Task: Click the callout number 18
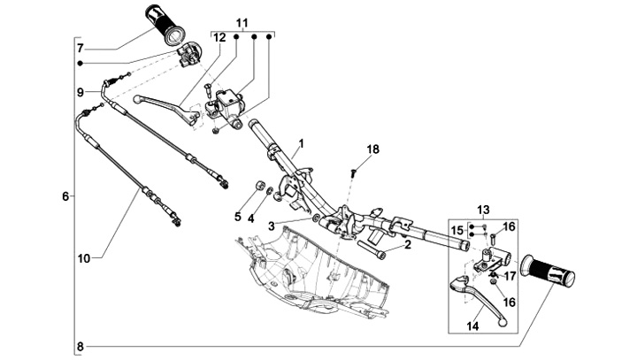[x=372, y=149]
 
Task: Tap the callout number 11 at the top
[x=242, y=23]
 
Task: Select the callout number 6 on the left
[x=65, y=196]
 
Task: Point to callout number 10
[x=84, y=258]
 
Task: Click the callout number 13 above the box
[x=483, y=211]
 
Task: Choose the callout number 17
[x=510, y=276]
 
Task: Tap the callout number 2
[x=408, y=244]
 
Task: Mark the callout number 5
[x=238, y=217]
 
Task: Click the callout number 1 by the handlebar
[x=301, y=143]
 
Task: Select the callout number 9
[x=81, y=93]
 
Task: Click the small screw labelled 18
[x=353, y=173]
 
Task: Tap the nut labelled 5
[x=258, y=186]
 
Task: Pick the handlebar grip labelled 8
[x=549, y=271]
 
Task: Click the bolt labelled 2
[x=371, y=249]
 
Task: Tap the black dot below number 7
[x=81, y=63]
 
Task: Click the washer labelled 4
[x=269, y=190]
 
